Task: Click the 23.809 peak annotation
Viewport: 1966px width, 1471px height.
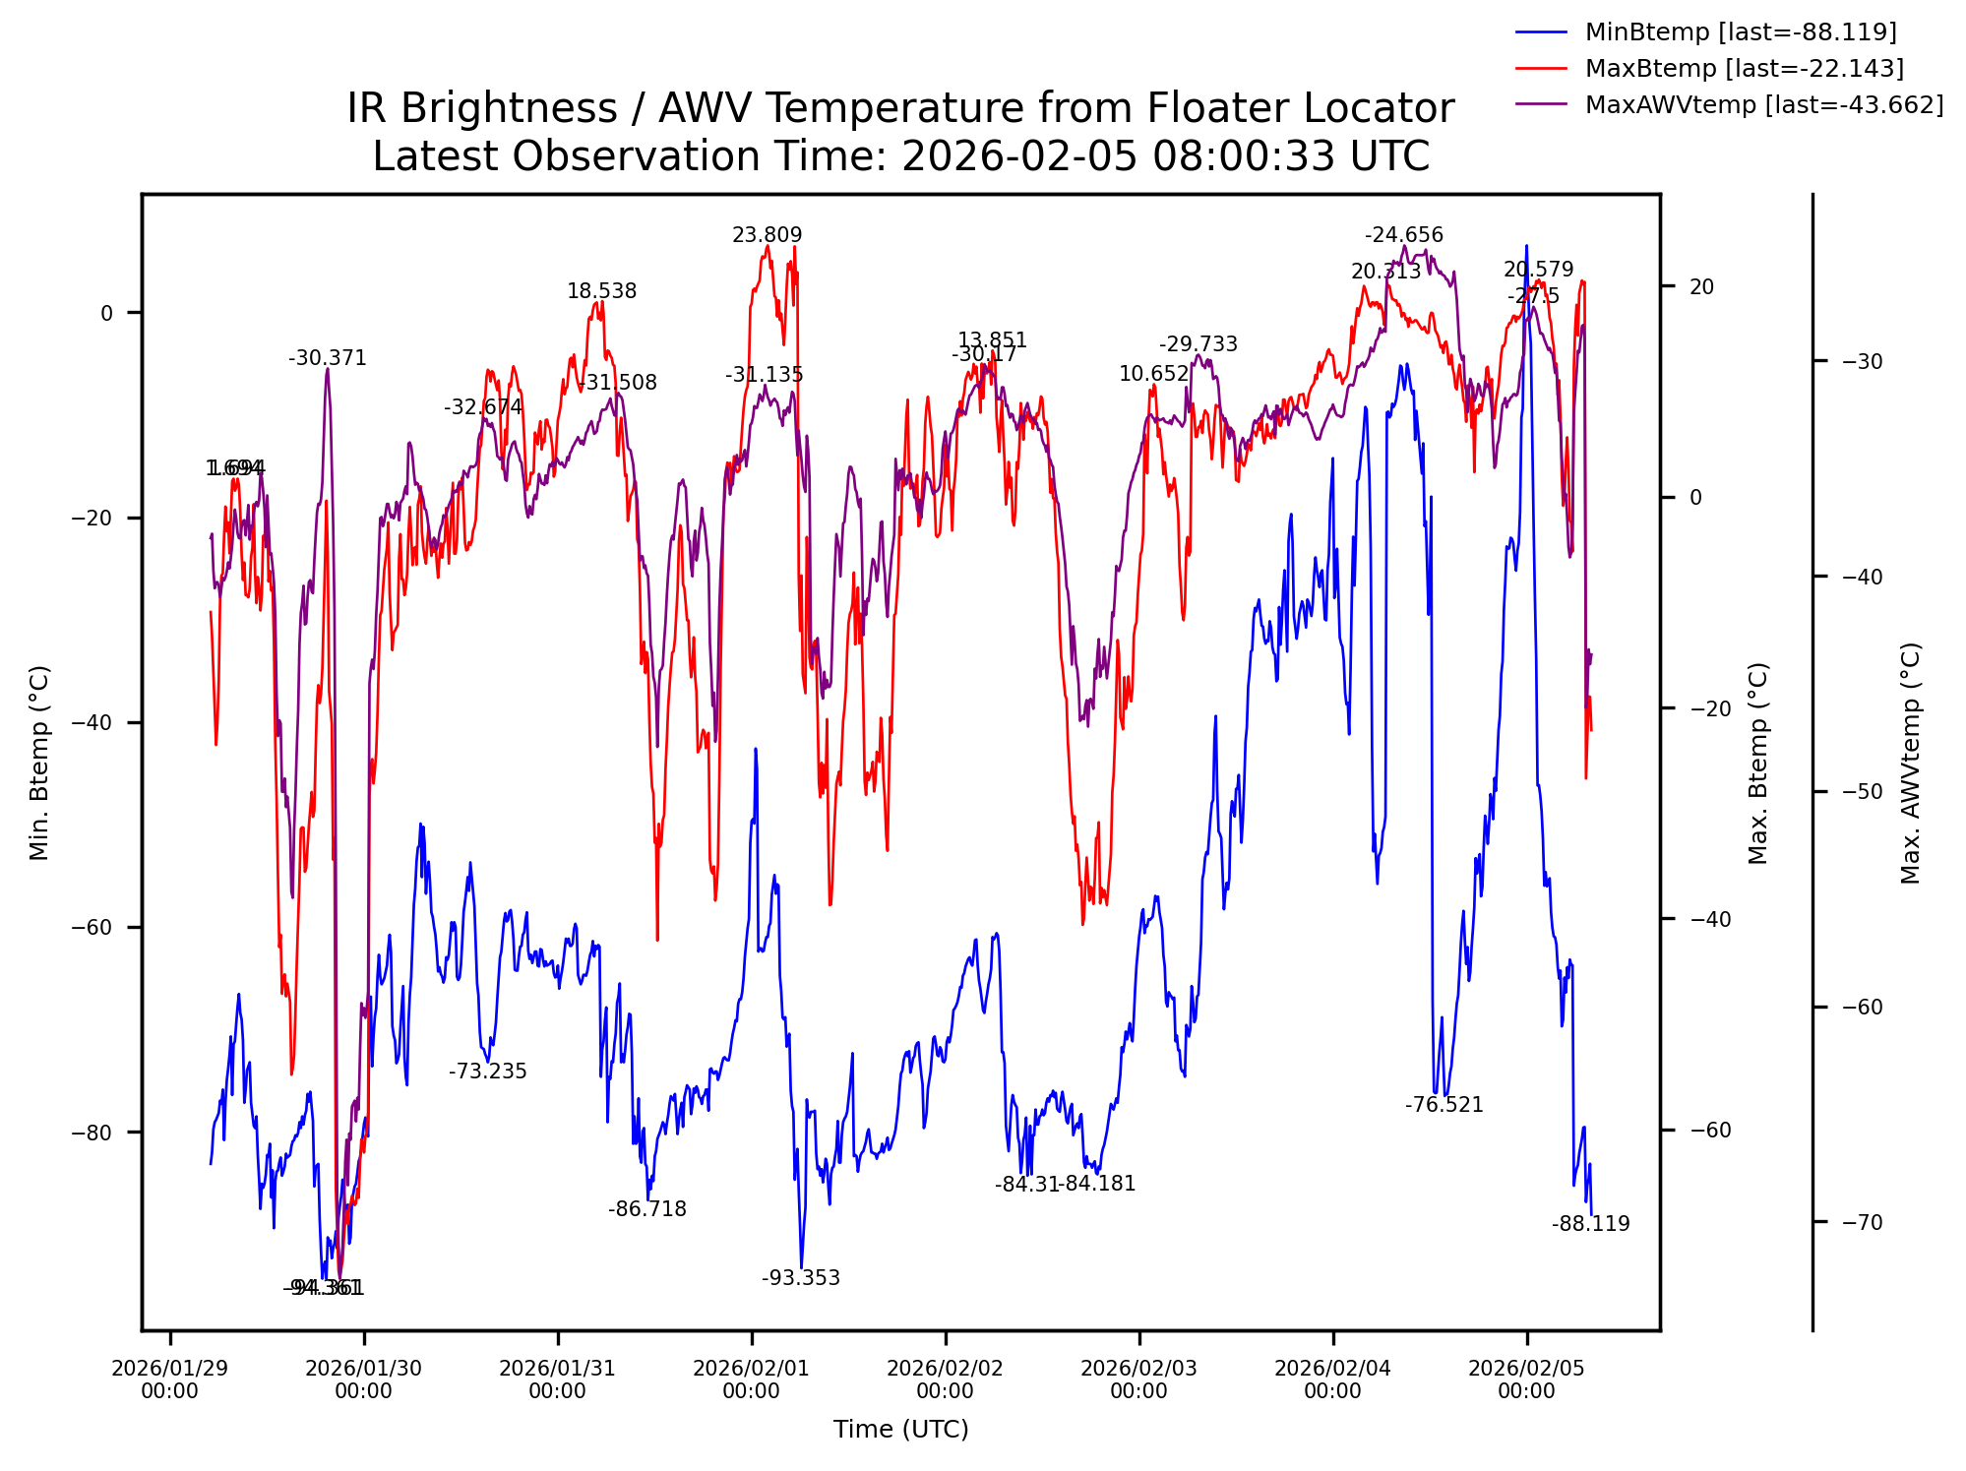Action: click(767, 235)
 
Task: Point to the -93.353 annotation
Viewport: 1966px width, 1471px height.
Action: click(801, 1278)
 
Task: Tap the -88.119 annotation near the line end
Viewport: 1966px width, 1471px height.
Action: click(1590, 1224)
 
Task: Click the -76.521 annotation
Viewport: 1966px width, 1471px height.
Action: click(1444, 1105)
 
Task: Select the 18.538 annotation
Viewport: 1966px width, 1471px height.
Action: click(601, 291)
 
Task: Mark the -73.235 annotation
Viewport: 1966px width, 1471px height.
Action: click(488, 1072)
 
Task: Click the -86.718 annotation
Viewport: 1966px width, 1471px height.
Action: click(646, 1209)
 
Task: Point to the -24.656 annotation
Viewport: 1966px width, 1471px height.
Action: click(1403, 235)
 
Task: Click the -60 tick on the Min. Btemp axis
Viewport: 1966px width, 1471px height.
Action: click(92, 928)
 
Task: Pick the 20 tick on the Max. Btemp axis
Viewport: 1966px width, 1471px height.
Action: click(1701, 287)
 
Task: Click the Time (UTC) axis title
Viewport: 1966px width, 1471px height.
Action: click(900, 1430)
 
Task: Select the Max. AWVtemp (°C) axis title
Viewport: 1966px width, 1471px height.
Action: click(1910, 764)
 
